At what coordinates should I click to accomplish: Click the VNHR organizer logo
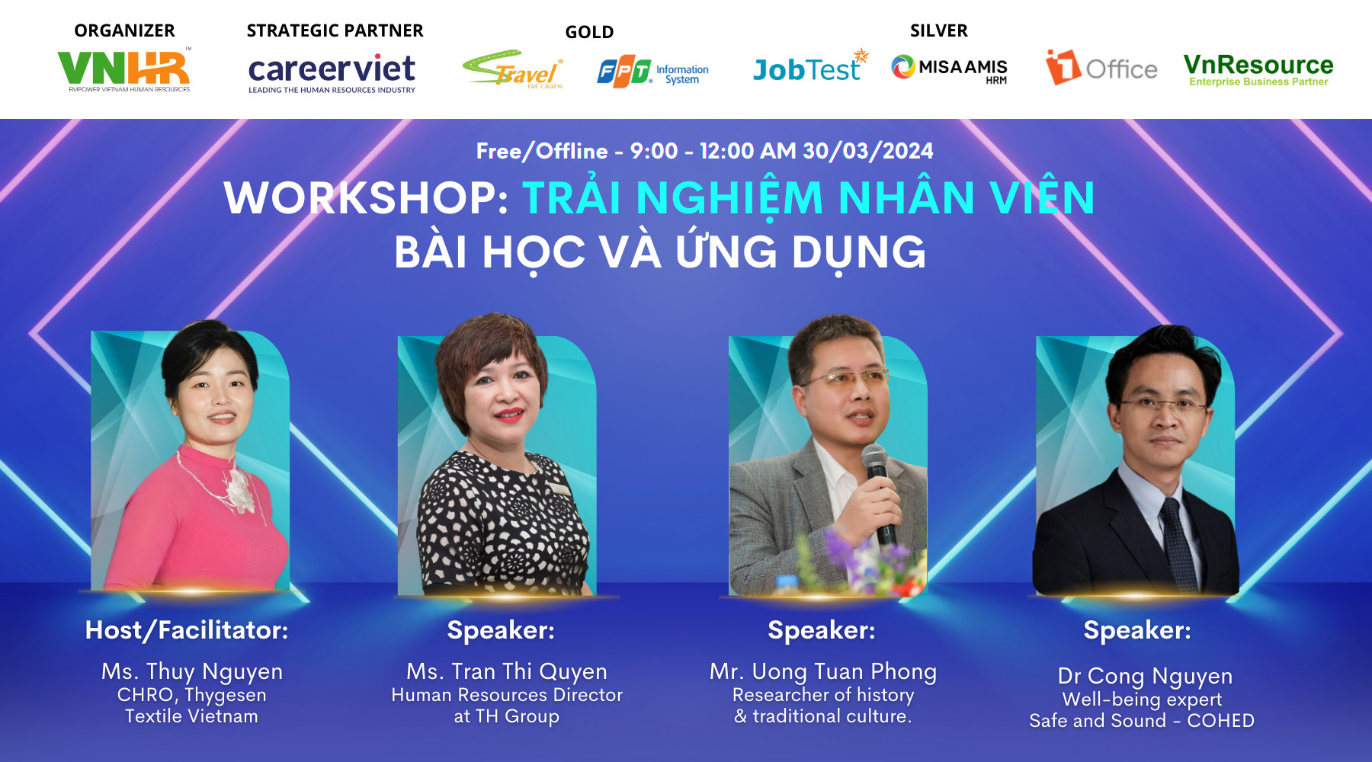[124, 69]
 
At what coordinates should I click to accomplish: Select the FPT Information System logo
[653, 73]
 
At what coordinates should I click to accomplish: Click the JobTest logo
[809, 69]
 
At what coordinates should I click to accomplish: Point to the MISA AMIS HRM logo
[950, 69]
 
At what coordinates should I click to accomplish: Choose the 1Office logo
[1101, 68]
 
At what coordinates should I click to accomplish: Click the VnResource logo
[1258, 69]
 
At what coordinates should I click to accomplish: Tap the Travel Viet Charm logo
[513, 71]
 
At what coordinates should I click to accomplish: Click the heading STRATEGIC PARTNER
[335, 30]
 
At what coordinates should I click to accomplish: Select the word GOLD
[589, 32]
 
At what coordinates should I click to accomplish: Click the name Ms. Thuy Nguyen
[192, 671]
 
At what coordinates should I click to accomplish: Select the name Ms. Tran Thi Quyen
[507, 671]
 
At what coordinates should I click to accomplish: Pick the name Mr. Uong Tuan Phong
[823, 671]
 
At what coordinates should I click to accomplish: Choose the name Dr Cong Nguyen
[1145, 676]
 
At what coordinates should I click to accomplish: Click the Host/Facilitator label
[187, 630]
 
